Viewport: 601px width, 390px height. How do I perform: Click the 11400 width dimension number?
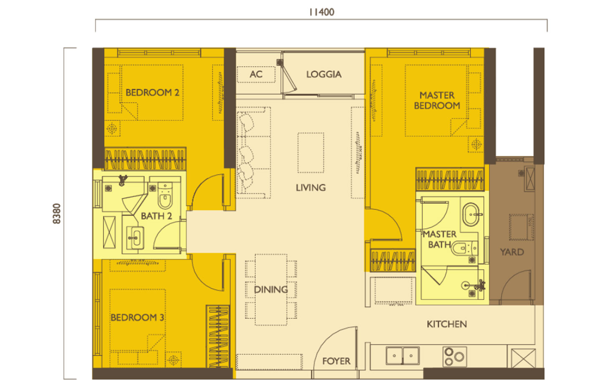tap(321, 12)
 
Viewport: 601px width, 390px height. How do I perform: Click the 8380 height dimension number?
tap(57, 213)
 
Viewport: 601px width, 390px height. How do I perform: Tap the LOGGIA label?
tap(323, 74)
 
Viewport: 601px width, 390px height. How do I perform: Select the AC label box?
tap(256, 75)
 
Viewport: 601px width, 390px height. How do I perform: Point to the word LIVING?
tap(311, 187)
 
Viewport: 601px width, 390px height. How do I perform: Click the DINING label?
tap(271, 289)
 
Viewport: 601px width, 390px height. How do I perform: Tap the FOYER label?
tap(336, 361)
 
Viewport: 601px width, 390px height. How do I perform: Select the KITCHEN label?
tap(447, 324)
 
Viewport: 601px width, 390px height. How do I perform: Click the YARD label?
tap(512, 252)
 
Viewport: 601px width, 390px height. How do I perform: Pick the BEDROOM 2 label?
tap(152, 92)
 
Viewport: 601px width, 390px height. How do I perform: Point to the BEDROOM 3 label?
tap(137, 317)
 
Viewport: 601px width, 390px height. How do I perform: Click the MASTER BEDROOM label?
tap(437, 100)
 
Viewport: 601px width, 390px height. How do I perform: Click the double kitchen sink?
tap(402, 356)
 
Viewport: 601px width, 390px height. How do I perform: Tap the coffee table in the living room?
tap(311, 152)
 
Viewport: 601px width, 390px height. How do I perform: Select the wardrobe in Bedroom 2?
tap(145, 159)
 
